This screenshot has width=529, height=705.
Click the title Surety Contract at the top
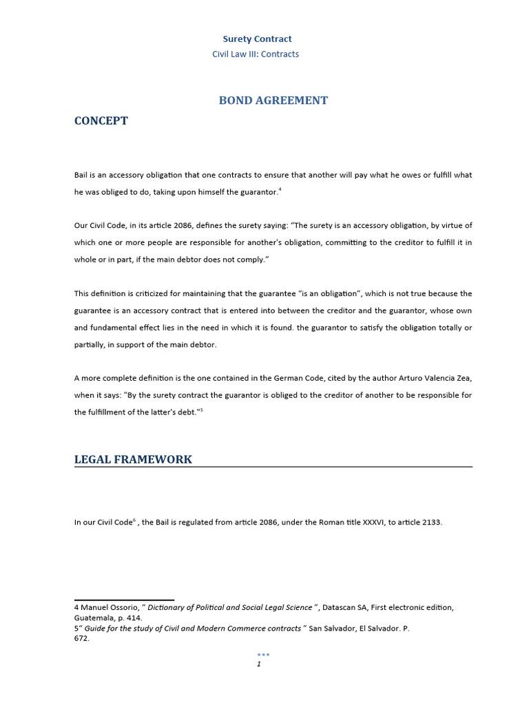coord(257,39)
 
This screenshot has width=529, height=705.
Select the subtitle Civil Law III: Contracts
coord(256,54)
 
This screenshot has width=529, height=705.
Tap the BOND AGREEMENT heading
coord(273,101)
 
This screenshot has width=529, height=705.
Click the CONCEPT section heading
coord(101,121)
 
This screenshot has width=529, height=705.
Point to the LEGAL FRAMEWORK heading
coord(133,459)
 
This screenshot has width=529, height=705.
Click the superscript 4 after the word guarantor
coord(278,190)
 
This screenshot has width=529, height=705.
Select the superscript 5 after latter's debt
coord(201,410)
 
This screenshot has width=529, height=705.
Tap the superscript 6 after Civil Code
coord(134,520)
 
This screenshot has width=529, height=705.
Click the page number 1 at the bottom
coord(258,664)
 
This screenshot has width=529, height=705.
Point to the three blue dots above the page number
coord(263,654)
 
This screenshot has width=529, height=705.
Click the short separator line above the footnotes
coord(124,600)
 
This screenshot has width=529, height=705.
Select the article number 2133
coord(431,523)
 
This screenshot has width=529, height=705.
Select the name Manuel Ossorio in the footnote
coord(110,607)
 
